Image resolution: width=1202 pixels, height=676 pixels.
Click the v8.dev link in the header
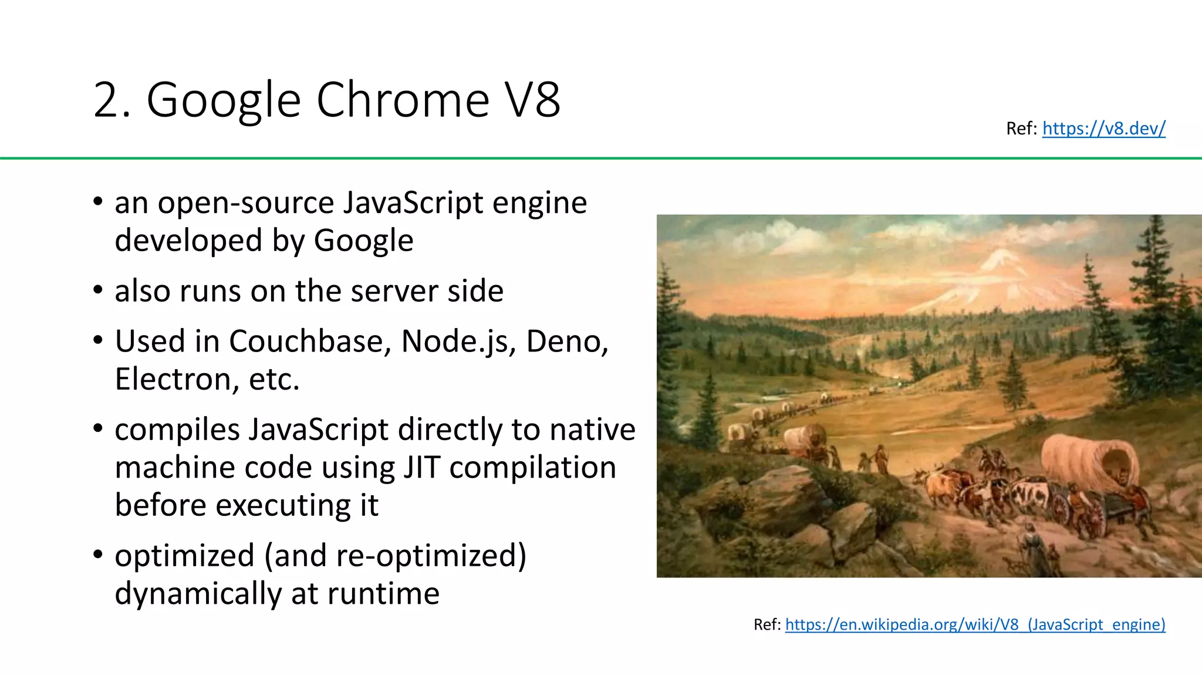pos(1103,128)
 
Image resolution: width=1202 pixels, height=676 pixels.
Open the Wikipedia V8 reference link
pos(974,624)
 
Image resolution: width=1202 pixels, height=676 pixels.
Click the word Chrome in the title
pos(403,100)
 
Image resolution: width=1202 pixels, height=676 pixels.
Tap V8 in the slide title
pos(533,100)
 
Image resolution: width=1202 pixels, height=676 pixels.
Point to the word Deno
pos(566,342)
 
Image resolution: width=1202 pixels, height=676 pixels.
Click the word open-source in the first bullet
pos(246,204)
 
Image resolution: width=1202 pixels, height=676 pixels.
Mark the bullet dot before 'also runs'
pos(98,290)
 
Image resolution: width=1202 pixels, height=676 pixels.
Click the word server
pos(394,291)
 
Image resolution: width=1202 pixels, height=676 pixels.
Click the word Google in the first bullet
pos(363,241)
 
